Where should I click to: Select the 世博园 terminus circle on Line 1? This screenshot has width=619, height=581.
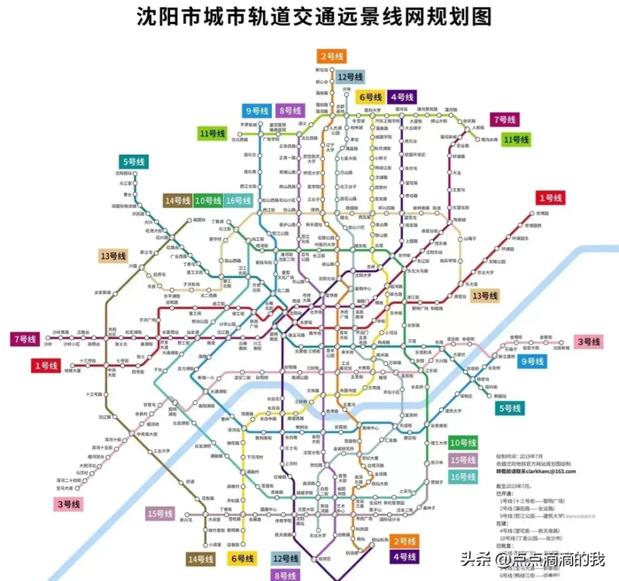click(530, 214)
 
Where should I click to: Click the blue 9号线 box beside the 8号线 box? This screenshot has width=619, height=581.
click(256, 111)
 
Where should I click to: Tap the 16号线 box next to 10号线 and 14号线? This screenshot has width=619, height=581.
click(238, 200)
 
